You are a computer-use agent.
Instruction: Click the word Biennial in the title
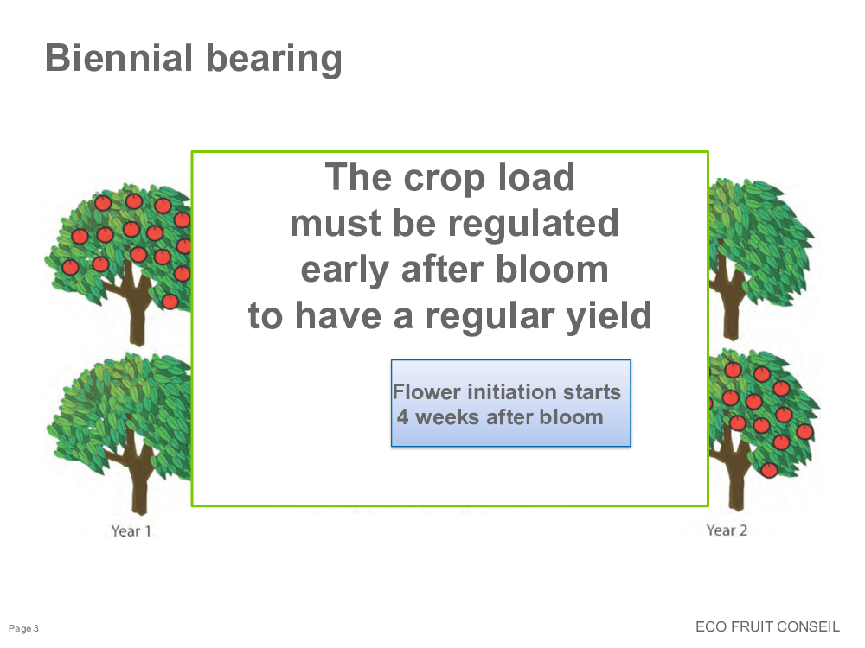(119, 58)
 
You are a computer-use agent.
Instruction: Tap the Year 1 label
(131, 531)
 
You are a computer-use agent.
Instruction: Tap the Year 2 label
(727, 530)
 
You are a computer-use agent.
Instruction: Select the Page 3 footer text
(23, 628)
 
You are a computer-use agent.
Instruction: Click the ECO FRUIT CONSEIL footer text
(767, 626)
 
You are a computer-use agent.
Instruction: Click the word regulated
(533, 225)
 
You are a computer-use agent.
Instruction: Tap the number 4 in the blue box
(403, 417)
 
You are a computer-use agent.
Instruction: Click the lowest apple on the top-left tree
(170, 302)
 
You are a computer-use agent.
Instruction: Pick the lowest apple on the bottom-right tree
(769, 470)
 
